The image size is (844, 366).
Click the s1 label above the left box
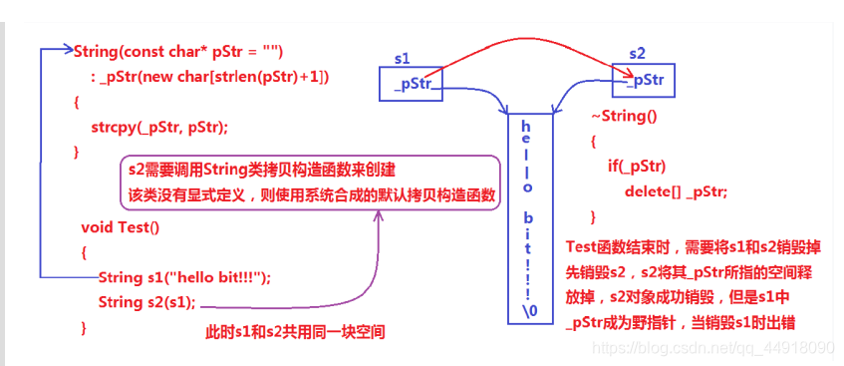[x=403, y=59]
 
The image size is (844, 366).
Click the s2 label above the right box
[x=638, y=52]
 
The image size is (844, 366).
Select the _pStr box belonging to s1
[x=412, y=84]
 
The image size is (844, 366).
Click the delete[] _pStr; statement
[x=676, y=191]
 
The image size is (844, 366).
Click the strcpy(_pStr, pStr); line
[x=159, y=127]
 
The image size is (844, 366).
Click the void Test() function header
[x=120, y=226]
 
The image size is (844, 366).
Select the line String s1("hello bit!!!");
[x=184, y=277]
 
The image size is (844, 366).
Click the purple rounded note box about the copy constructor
[x=309, y=182]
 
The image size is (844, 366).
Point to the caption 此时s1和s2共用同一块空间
[x=295, y=332]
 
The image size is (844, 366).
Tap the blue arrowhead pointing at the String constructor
[x=68, y=51]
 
